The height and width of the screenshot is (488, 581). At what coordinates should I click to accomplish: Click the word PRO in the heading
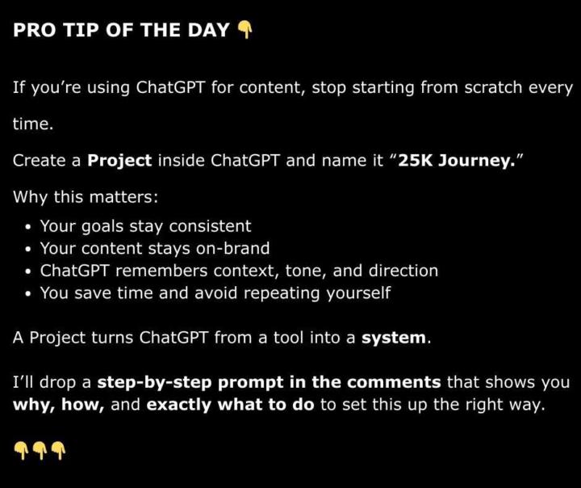click(x=33, y=31)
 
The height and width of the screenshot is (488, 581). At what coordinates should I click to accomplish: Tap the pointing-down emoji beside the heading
click(x=245, y=31)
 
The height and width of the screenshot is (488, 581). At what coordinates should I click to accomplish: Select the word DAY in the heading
click(x=206, y=31)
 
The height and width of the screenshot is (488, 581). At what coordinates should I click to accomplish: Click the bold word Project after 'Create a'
click(x=119, y=160)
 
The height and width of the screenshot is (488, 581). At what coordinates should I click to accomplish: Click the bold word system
click(x=393, y=338)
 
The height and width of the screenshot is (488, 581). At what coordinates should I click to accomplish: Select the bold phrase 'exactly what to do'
click(x=230, y=405)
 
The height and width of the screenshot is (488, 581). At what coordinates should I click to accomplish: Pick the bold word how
click(x=85, y=405)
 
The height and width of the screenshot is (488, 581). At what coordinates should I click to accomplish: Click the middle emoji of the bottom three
click(x=40, y=449)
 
